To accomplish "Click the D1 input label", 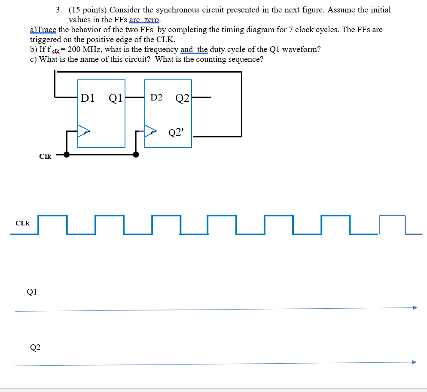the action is click(x=88, y=98).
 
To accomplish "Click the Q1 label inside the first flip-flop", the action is click(x=116, y=98).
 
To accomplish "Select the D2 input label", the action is click(x=156, y=98).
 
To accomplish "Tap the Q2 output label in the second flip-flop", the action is click(x=183, y=98).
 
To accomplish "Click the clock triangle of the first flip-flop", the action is click(x=84, y=131).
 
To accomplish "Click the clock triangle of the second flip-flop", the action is click(x=151, y=131).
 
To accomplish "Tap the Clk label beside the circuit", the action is click(x=45, y=157).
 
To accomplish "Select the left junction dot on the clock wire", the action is click(x=67, y=155).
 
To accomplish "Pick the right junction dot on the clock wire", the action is click(x=136, y=155).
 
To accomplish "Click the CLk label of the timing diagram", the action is click(x=22, y=223).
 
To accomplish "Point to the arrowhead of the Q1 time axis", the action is click(x=415, y=307).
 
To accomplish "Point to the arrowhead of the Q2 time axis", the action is click(x=414, y=362).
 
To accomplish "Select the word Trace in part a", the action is click(x=47, y=30).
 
